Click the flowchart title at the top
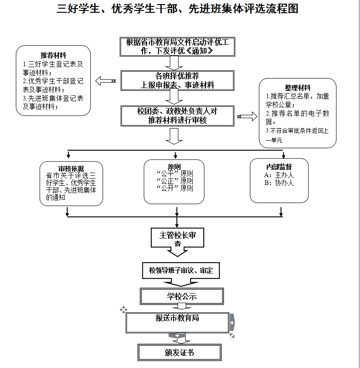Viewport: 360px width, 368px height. tap(177, 9)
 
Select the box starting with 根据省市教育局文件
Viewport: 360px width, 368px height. tap(177, 47)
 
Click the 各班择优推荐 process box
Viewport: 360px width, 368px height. tap(177, 80)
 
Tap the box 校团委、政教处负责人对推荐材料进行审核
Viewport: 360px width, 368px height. tap(177, 116)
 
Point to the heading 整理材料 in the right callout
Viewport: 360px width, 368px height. tap(298, 88)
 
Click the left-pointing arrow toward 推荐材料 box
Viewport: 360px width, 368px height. tap(105, 81)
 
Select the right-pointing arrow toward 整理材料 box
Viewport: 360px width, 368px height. tap(248, 117)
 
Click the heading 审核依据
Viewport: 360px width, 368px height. tap(71, 168)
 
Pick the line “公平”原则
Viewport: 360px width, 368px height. tap(174, 173)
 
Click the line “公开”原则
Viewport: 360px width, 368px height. tap(174, 188)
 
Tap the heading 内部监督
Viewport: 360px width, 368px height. tap(279, 167)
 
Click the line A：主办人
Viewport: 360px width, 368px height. tap(279, 175)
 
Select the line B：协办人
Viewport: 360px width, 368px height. tap(279, 183)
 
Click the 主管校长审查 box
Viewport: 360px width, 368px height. tap(177, 238)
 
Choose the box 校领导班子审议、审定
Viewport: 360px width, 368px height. tap(181, 271)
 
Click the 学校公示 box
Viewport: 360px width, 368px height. tap(181, 296)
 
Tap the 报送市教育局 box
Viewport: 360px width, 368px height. tap(177, 322)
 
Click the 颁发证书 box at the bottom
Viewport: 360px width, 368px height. tap(179, 352)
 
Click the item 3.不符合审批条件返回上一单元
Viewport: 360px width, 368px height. tap(297, 135)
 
